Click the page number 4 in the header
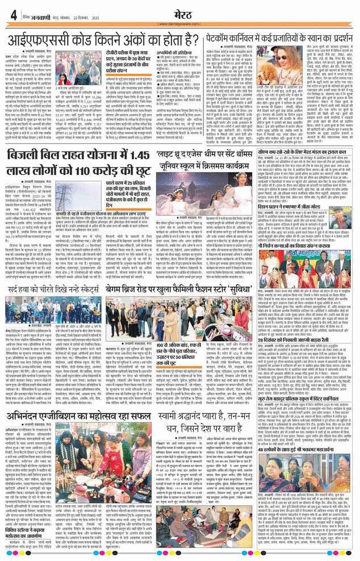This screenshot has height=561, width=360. coord(12,15)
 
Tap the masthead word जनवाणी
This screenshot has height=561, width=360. coord(36,16)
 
